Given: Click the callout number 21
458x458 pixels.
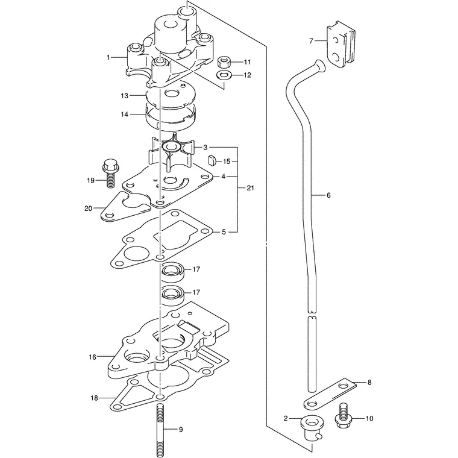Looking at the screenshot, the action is point(250,188).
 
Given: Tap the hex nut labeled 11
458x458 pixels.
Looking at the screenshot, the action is point(224,61).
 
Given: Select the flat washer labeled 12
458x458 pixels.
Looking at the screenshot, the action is point(224,75).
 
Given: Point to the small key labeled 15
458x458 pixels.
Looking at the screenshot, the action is point(212,161).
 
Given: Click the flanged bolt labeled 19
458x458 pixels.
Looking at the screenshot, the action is point(110,174).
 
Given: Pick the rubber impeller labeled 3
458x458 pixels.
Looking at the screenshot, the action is point(172,151).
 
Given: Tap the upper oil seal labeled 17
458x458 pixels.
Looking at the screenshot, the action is point(172,272).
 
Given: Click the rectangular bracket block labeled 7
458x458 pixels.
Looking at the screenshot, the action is point(341,45).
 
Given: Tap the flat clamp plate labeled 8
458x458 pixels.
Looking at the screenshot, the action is point(330,395).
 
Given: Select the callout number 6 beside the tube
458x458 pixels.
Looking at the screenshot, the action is point(328,195).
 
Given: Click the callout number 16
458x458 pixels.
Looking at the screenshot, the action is point(93,357).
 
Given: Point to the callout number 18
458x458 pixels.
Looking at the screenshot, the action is point(94,398).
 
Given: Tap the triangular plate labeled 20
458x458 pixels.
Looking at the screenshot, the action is point(125,207).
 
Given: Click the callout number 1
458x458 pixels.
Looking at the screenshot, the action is point(108,57).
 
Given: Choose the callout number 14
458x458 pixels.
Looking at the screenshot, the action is point(124,114).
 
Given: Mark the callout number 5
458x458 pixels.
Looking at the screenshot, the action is point(224,232).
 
